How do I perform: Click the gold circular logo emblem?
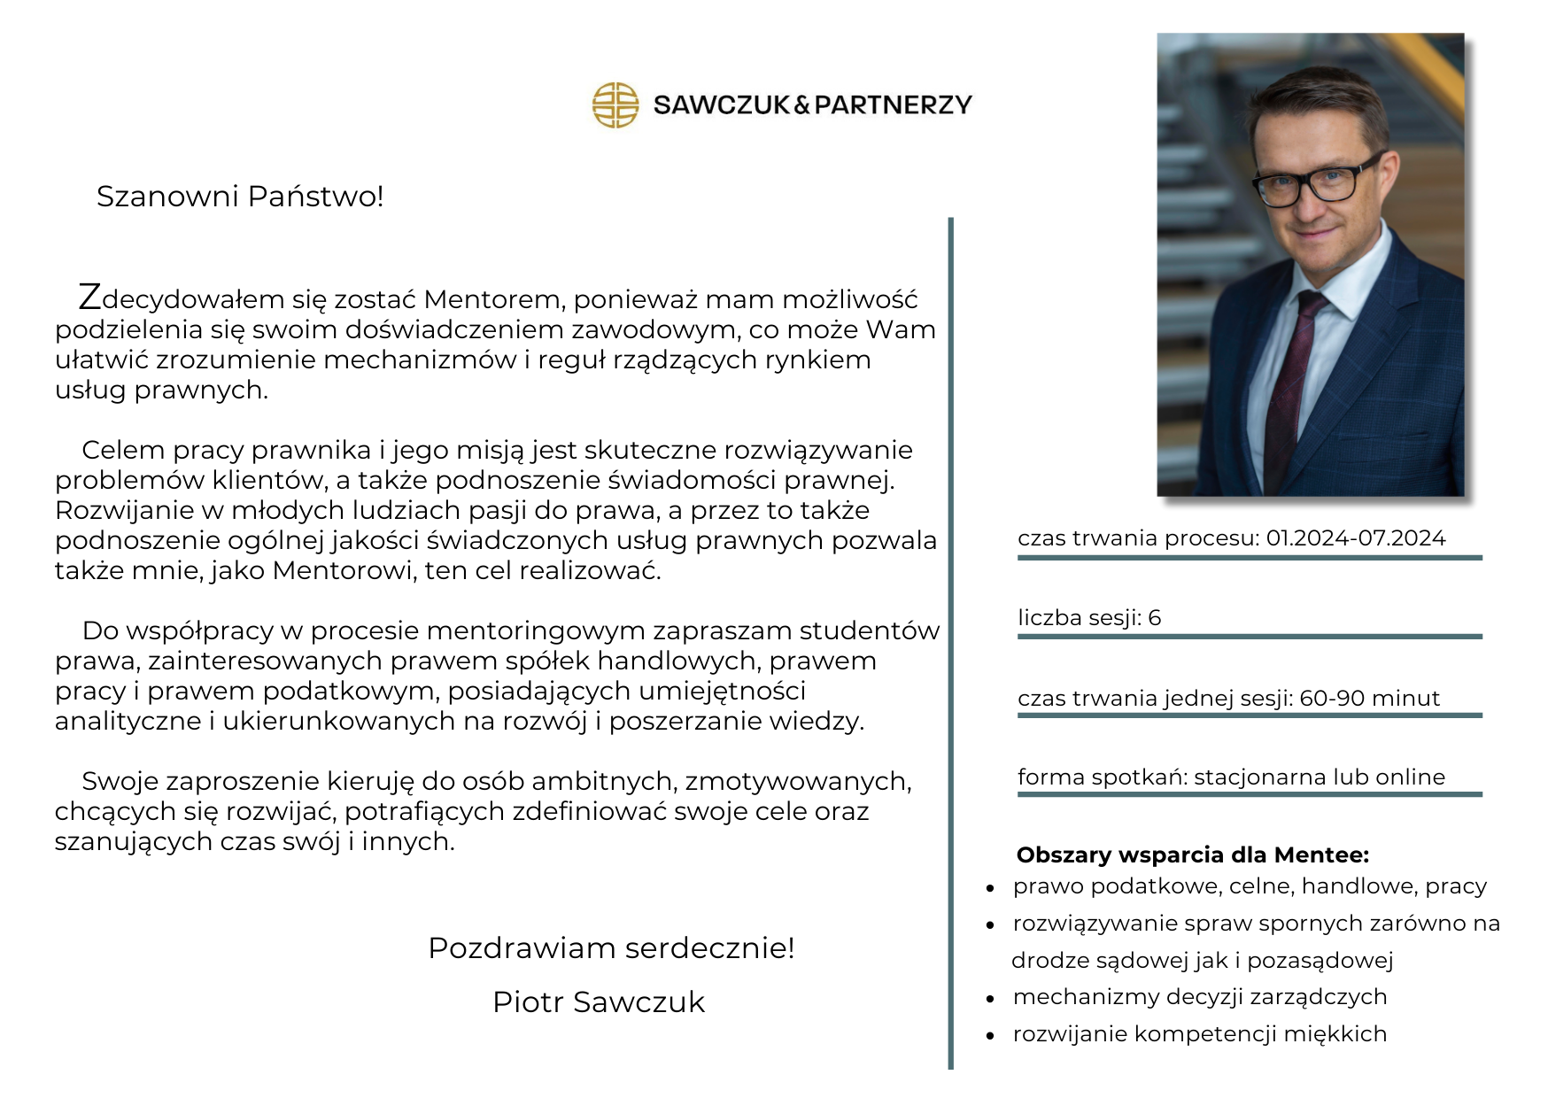(615, 105)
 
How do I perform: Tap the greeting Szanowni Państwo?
(240, 197)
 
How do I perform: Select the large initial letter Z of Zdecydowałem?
(89, 298)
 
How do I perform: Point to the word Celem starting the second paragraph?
(123, 451)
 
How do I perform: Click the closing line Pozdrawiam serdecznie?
(611, 948)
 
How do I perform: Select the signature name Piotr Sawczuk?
(599, 1002)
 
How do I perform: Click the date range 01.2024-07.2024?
(1355, 538)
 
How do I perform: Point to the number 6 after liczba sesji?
(1155, 618)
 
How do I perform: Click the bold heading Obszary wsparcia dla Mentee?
(1192, 855)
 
